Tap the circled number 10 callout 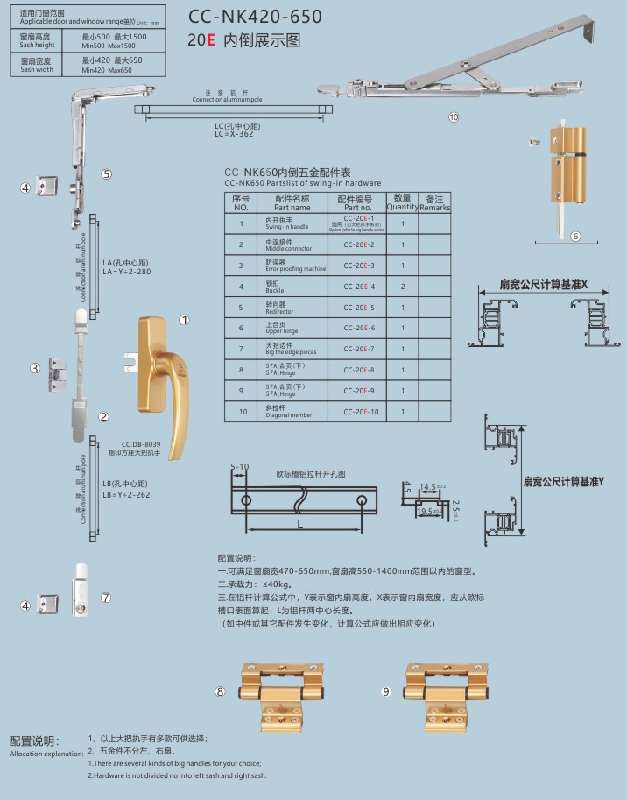point(453,117)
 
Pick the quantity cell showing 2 point(402,287)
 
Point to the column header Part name point(292,209)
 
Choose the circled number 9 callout point(385,691)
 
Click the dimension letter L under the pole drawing point(300,524)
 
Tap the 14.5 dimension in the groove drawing point(427,485)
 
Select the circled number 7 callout point(106,598)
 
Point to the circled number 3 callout point(36,368)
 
